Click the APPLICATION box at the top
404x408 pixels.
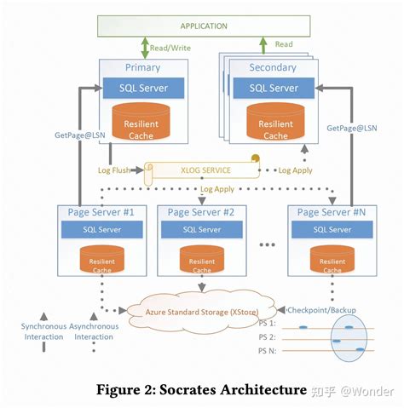click(x=204, y=26)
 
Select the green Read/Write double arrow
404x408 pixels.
click(x=145, y=48)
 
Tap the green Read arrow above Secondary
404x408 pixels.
click(x=263, y=45)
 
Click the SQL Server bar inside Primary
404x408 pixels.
click(x=143, y=88)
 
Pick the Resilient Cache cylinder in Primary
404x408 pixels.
click(x=141, y=122)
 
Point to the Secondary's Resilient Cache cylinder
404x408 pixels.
click(x=275, y=122)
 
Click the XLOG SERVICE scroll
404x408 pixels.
click(x=202, y=170)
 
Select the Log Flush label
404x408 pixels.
click(x=114, y=170)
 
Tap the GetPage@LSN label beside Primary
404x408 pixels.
click(x=80, y=135)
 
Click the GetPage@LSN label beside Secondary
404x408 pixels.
click(x=352, y=128)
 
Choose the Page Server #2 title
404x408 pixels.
click(x=201, y=212)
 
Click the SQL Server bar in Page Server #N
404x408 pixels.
click(x=332, y=229)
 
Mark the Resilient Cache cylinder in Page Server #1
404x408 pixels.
click(x=102, y=259)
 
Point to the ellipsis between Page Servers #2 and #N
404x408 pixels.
click(x=267, y=244)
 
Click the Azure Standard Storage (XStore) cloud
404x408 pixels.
click(x=202, y=313)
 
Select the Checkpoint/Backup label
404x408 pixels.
click(x=321, y=310)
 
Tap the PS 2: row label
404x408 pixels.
click(x=267, y=337)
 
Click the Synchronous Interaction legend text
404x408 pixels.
click(x=43, y=331)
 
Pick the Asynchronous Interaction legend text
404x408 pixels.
click(x=94, y=331)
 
